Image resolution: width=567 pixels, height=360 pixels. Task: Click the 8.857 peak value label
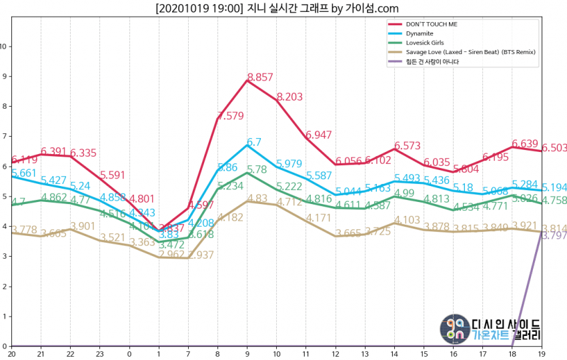tap(260, 77)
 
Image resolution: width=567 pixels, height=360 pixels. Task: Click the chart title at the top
tap(277, 8)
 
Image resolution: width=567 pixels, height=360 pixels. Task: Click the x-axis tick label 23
tap(100, 353)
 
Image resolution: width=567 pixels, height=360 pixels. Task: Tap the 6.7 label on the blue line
tap(254, 142)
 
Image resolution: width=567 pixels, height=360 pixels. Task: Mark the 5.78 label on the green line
tap(257, 169)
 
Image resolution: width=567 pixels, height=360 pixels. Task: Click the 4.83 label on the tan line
tap(257, 199)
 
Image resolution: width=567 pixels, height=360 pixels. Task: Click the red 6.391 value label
tap(53, 151)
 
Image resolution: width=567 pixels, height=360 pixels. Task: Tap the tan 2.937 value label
tap(199, 255)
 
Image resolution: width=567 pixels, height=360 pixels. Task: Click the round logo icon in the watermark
tap(454, 328)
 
